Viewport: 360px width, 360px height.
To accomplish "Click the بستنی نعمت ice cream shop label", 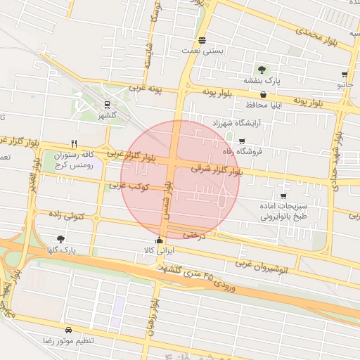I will (202, 51).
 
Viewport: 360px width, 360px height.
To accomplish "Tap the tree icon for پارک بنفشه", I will (262, 70).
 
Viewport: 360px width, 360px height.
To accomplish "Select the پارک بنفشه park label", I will (262, 82).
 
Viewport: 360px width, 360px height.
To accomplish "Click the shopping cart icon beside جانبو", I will (345, 74).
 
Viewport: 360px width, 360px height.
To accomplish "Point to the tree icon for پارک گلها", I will (61, 239).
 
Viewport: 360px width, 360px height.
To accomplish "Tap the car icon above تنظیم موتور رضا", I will (68, 330).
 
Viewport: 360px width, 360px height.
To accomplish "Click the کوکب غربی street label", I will (127, 186).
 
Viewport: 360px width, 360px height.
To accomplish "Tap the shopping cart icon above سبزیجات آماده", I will (283, 196).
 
